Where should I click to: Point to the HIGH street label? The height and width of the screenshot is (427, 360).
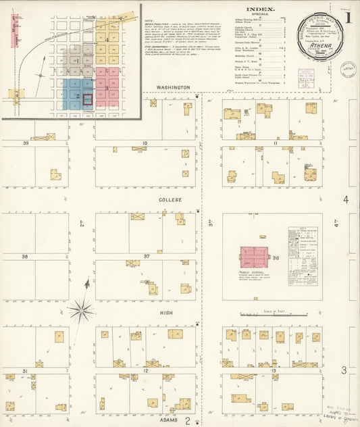tap(166, 313)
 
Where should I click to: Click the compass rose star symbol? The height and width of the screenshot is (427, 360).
tap(81, 310)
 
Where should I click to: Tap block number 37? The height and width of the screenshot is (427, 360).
tap(146, 257)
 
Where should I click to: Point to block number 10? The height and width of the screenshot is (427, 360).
tap(145, 143)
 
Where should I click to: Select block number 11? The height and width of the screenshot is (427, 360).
tap(276, 143)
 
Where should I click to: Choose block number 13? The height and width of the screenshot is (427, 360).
tap(274, 371)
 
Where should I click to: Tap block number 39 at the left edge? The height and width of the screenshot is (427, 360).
tap(26, 143)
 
